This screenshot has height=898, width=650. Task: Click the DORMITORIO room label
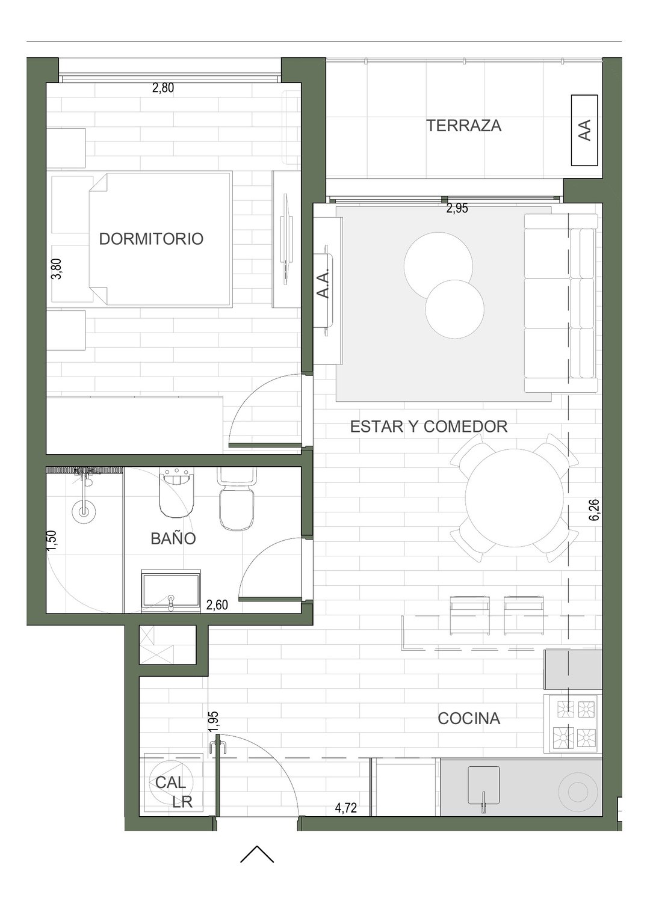(151, 239)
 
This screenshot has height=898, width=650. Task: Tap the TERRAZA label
(463, 126)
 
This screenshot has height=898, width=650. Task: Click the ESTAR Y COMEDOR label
(429, 426)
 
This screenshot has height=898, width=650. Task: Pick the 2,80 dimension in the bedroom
(163, 88)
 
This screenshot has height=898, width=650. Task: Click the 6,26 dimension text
(594, 509)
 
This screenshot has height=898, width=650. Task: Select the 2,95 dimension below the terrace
(457, 208)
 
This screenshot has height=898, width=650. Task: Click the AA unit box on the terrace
(584, 131)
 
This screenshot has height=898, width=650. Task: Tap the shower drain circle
(84, 511)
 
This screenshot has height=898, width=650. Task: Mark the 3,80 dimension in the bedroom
(57, 269)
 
